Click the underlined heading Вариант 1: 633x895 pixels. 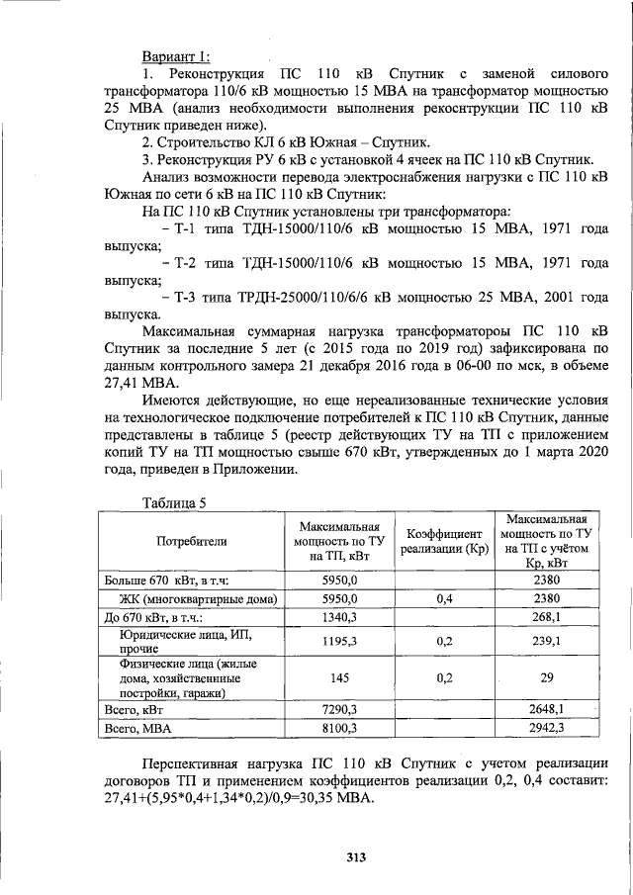[x=176, y=56]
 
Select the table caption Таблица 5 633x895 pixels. [x=174, y=502]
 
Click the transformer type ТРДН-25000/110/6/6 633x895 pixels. [x=301, y=297]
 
